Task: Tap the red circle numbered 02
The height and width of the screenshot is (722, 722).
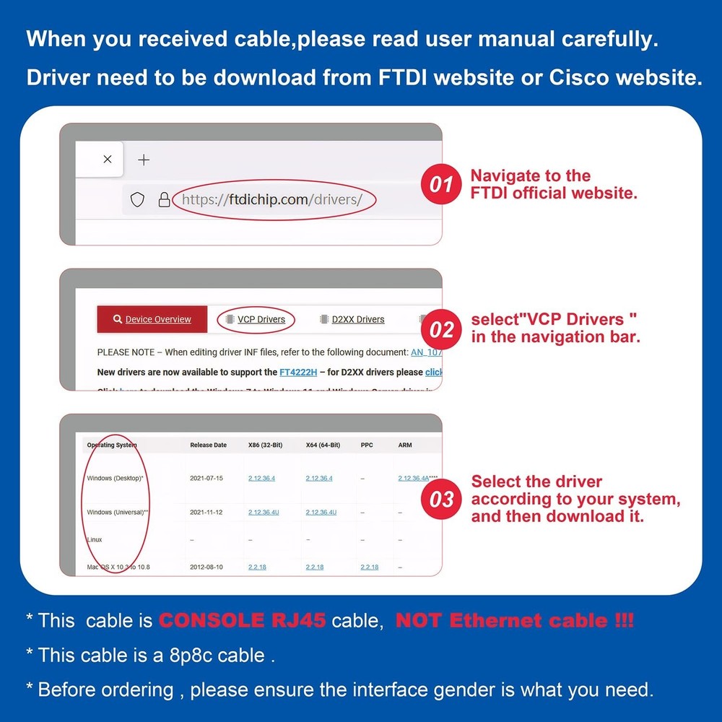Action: tap(441, 330)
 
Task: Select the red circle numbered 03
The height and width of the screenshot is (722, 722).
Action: tap(441, 499)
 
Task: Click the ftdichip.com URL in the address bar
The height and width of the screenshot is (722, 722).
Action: tap(271, 199)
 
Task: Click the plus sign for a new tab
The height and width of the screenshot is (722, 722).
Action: tap(144, 160)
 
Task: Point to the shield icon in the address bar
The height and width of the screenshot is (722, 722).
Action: tap(138, 199)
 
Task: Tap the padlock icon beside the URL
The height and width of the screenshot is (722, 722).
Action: tap(164, 199)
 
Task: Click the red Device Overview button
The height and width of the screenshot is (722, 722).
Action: tap(152, 319)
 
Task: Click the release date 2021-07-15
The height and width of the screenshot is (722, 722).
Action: tap(206, 478)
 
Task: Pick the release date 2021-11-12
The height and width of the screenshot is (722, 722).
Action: tap(206, 512)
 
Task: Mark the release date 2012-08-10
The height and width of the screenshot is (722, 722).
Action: tap(206, 567)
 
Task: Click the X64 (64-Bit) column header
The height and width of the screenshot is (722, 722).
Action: tap(323, 445)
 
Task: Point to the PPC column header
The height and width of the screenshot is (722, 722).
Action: tap(367, 445)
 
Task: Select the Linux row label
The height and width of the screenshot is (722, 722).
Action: tap(95, 539)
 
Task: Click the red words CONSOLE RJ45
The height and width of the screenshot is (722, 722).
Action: tap(242, 620)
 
